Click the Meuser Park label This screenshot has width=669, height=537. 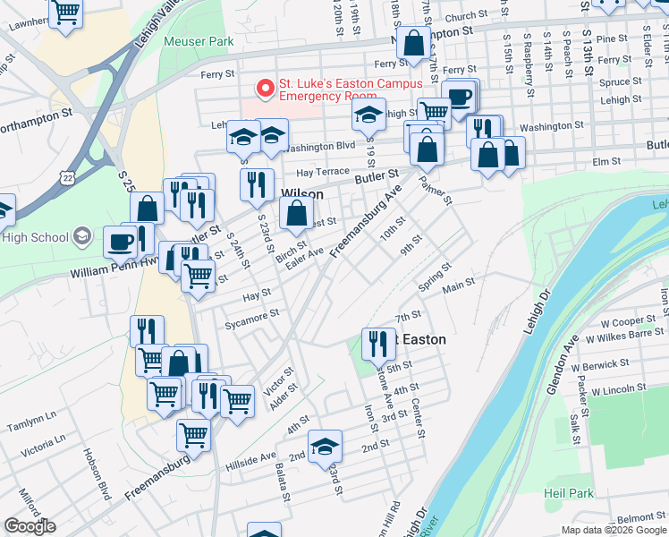coord(199,41)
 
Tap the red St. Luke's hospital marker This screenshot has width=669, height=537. coord(265,89)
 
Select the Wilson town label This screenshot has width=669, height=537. coord(302,192)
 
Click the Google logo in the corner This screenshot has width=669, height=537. coord(30,526)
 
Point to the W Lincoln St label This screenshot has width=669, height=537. coord(614,388)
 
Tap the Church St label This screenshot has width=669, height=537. coord(465,16)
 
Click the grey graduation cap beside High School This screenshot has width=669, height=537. coord(82,237)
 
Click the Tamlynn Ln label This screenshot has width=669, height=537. coord(31,415)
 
